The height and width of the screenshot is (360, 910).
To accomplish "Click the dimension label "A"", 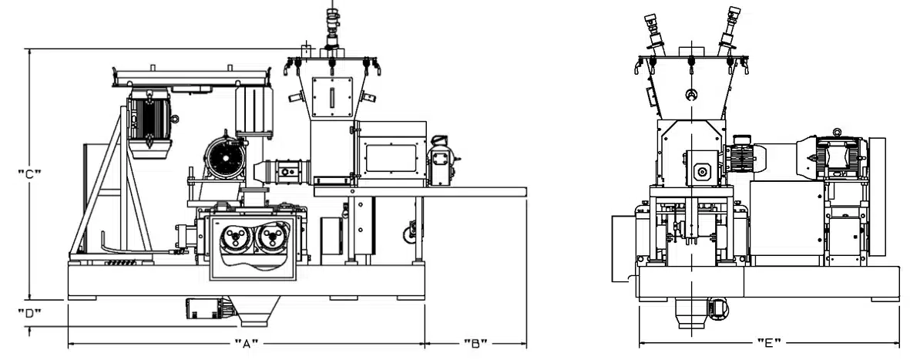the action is (246, 344).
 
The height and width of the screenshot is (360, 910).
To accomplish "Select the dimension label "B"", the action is (475, 344).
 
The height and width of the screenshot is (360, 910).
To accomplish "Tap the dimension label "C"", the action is (29, 173).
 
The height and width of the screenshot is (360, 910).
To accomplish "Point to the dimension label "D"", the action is (29, 314).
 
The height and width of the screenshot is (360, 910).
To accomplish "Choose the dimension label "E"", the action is (769, 343).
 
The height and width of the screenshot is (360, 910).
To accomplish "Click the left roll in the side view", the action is (237, 238).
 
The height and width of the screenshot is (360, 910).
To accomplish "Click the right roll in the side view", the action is (271, 238).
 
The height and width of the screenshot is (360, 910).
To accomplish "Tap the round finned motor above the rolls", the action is (223, 156).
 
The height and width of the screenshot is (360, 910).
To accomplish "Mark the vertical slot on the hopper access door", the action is (332, 97).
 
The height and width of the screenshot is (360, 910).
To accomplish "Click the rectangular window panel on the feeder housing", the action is (391, 159).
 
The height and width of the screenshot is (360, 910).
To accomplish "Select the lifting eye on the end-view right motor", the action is (836, 133).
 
